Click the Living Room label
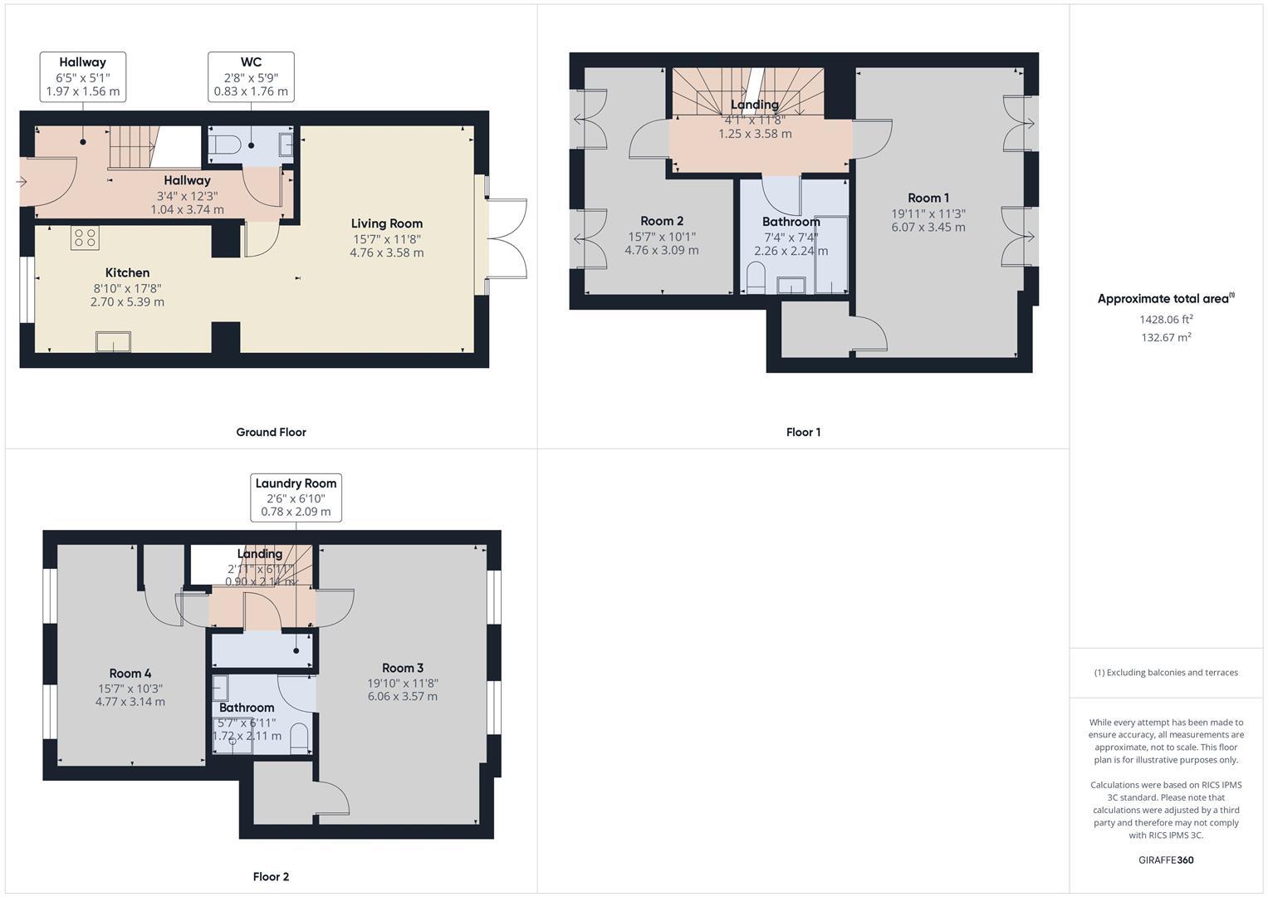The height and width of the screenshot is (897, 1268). coord(386,223)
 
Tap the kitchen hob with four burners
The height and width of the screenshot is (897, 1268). coord(85,238)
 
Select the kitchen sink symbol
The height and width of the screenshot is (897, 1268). coord(113,341)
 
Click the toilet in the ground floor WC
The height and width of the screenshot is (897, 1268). coord(224,146)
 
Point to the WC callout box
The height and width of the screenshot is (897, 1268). coord(251,76)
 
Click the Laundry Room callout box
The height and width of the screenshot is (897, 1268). coord(296,498)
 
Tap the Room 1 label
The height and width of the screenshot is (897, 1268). coord(928,198)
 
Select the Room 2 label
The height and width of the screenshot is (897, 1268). coord(662,221)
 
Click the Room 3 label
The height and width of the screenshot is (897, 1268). coord(403,668)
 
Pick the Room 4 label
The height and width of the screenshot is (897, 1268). coord(130,674)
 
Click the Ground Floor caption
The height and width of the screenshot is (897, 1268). coord(271,432)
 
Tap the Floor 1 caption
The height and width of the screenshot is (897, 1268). coord(803,432)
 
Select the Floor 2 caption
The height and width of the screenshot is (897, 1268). coord(271,876)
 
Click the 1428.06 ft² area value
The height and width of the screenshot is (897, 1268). coord(1166,319)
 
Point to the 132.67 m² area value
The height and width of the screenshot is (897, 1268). coord(1166,337)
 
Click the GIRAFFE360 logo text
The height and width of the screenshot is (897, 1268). coord(1166,860)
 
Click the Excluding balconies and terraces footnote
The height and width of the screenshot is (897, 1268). coord(1166,673)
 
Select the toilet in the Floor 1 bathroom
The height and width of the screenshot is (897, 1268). coord(756,278)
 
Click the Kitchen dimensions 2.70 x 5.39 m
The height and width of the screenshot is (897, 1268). coord(127,302)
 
